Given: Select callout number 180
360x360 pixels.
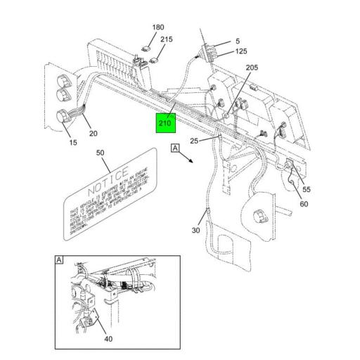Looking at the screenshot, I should click(x=158, y=27).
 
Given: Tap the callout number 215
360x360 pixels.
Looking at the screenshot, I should click(x=166, y=40).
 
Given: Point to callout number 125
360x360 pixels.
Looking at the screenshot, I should click(x=241, y=51).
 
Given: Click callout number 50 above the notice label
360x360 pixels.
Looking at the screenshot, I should click(x=100, y=153).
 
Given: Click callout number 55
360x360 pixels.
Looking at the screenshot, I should click(x=306, y=190).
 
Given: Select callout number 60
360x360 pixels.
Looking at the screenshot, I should click(x=304, y=204).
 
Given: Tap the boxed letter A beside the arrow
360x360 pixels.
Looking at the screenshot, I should click(x=174, y=148).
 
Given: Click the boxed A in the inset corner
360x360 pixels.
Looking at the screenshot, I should click(x=59, y=260).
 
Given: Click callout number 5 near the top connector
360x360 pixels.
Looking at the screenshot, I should click(x=238, y=41).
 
